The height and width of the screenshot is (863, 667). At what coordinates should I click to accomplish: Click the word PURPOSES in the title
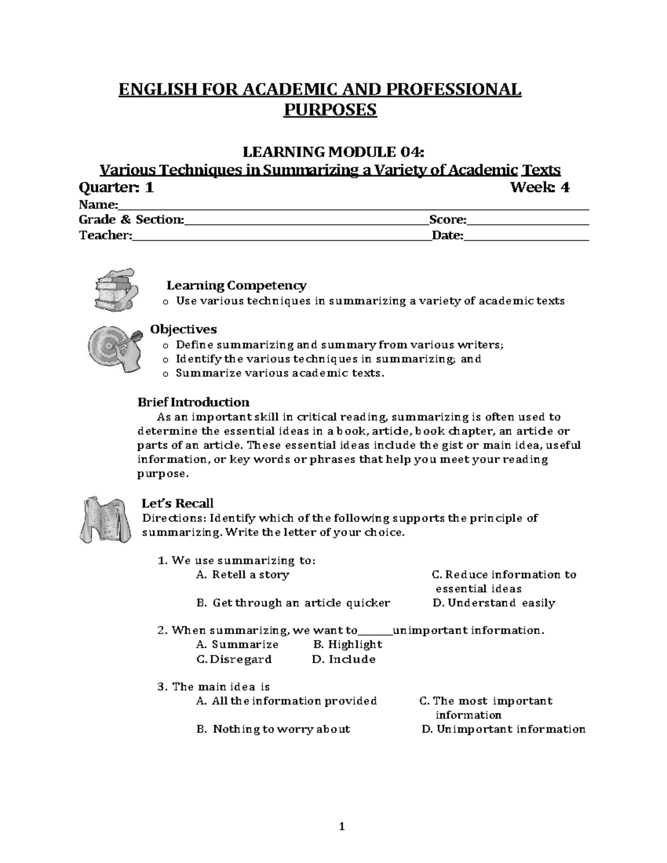coord(330,110)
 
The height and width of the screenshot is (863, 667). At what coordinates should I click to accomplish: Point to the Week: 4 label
coord(540,188)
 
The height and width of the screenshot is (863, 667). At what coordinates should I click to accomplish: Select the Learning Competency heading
coord(236,286)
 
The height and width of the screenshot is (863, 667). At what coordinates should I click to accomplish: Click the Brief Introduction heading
coord(193,402)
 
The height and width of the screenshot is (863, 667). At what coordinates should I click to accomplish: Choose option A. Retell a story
coord(243,575)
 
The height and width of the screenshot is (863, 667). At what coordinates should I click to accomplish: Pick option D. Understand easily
coord(494,603)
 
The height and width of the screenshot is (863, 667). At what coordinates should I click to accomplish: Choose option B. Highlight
coord(347,645)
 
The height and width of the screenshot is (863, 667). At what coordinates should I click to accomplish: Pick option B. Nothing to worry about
coord(273,729)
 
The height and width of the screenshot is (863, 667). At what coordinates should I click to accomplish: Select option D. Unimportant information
coord(503,729)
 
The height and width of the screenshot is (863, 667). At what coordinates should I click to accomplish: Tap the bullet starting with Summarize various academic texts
coord(280,373)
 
